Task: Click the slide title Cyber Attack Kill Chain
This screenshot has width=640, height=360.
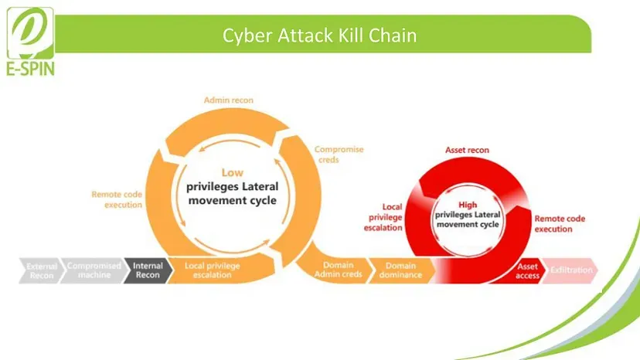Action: coord(320,36)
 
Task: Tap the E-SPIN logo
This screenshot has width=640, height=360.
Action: coord(31,42)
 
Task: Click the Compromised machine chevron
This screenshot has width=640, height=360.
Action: coord(94,270)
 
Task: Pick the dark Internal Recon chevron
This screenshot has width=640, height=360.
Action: coord(147,270)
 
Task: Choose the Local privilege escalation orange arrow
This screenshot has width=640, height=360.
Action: coord(213,270)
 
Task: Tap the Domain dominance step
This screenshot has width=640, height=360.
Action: coord(400,270)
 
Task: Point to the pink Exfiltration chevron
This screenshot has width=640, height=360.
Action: coord(571,270)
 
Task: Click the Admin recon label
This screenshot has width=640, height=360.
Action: coord(228,100)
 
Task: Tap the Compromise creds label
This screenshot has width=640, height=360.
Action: coord(339,154)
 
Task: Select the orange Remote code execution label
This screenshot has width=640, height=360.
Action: coord(117,199)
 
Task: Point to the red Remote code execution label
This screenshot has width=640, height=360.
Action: coord(560,224)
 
